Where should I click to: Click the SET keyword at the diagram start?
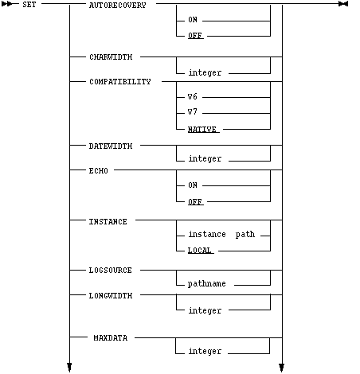pyautogui.click(x=29, y=5)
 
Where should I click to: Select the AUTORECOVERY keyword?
pyautogui.click(x=118, y=6)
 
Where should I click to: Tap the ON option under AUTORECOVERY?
pyautogui.click(x=193, y=20)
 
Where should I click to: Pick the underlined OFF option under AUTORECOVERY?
pyautogui.click(x=195, y=36)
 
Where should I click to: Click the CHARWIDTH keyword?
pyautogui.click(x=111, y=57)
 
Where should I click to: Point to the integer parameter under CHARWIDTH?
pyautogui.click(x=205, y=72)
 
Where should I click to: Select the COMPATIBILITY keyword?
pyautogui.click(x=120, y=81)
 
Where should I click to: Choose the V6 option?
pyautogui.click(x=193, y=96)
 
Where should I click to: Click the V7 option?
pyautogui.click(x=193, y=111)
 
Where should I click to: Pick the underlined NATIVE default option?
pyautogui.click(x=202, y=130)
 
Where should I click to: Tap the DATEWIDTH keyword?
pyautogui.click(x=111, y=146)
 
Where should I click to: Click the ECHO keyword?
pyautogui.click(x=99, y=170)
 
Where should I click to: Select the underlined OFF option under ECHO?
pyautogui.click(x=195, y=202)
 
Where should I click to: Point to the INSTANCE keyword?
pyautogui.click(x=108, y=222)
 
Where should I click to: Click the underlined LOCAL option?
pyautogui.click(x=200, y=251)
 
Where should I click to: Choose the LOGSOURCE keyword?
pyautogui.click(x=110, y=271)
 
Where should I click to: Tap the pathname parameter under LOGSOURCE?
pyautogui.click(x=207, y=283)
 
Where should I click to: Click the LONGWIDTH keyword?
pyautogui.click(x=111, y=295)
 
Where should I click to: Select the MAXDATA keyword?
pyautogui.click(x=111, y=338)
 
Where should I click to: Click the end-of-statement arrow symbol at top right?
pyautogui.click(x=343, y=4)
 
